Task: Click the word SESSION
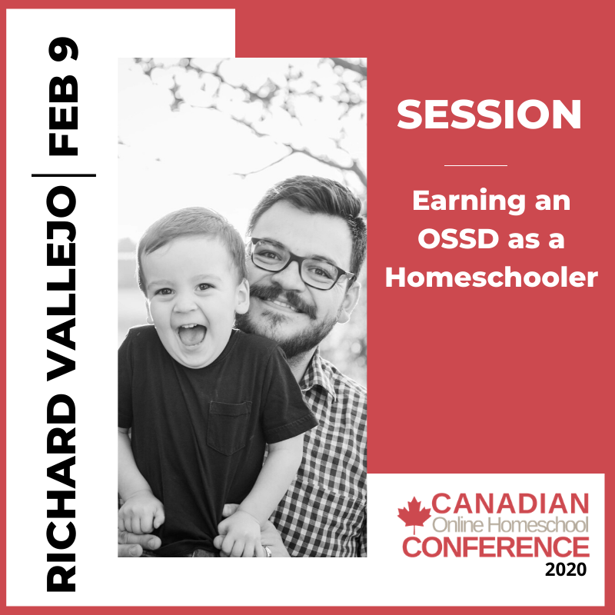[489, 114]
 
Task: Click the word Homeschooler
[491, 277]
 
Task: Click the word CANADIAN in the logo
[510, 504]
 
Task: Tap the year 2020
[566, 569]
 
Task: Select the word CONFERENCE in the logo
[496, 547]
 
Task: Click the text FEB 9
[63, 97]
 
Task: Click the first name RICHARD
[61, 493]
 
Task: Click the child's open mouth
[191, 334]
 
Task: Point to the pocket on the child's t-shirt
[229, 427]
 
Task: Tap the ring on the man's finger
[268, 551]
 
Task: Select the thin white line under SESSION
[475, 165]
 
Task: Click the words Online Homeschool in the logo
[510, 525]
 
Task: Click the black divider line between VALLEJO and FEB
[64, 175]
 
